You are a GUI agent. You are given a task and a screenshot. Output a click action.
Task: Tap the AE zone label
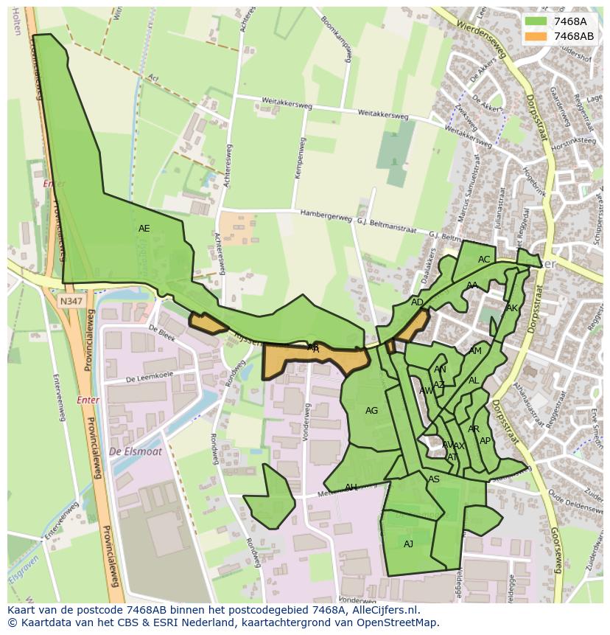[x=144, y=229]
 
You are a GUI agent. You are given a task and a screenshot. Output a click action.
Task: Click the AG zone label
[x=371, y=411]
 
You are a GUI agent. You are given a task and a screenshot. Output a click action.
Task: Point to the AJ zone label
[x=408, y=544]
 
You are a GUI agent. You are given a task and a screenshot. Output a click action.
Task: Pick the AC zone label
[x=484, y=260]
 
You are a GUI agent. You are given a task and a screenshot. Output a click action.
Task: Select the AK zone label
[x=512, y=308]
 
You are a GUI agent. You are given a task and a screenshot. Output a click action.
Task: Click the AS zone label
[x=434, y=479]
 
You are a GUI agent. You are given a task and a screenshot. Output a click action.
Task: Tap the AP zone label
[x=485, y=441]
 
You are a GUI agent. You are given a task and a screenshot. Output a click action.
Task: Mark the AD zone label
[x=417, y=302]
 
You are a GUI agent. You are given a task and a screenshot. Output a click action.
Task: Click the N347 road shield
[x=72, y=301]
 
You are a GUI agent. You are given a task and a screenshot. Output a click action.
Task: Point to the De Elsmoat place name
[x=135, y=451]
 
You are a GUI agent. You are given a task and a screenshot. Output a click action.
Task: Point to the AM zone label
[x=475, y=351]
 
